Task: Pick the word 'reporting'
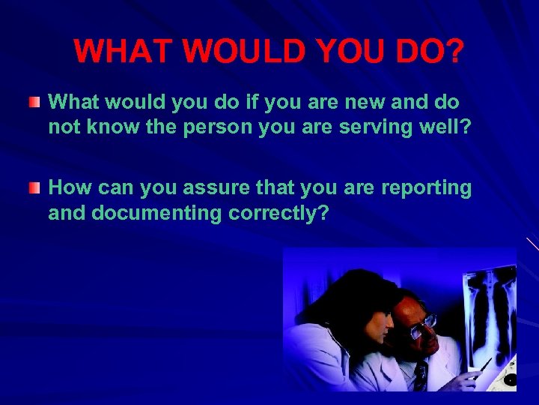point(427,187)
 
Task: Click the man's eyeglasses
point(423,325)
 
